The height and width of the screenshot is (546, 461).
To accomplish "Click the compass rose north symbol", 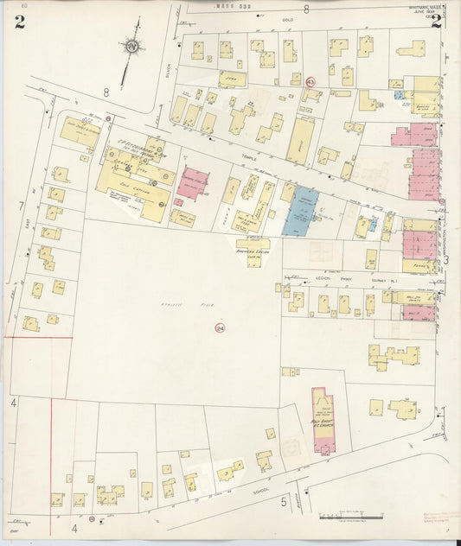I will click(x=131, y=46).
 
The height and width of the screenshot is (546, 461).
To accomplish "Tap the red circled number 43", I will click(x=310, y=80).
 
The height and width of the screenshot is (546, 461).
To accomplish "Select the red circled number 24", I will click(x=220, y=327).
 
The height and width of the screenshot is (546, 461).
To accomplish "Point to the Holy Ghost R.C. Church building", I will click(x=322, y=420).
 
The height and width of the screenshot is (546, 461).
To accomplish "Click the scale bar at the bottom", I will click(x=350, y=517).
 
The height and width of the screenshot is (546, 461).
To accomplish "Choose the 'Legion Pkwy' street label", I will click(x=323, y=278).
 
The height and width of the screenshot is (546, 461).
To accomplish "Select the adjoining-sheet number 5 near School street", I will click(x=283, y=500).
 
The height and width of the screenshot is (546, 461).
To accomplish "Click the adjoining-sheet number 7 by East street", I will click(x=19, y=206).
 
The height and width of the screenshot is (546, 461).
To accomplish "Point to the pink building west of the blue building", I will click(x=192, y=183).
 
